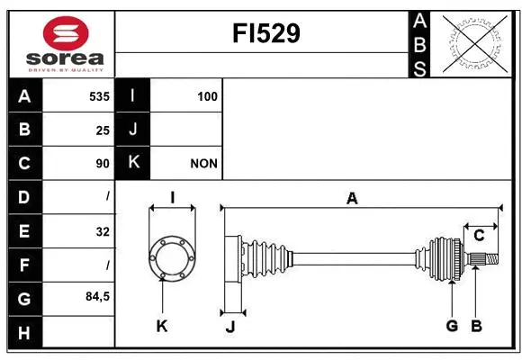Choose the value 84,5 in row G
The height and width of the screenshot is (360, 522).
click(96, 296)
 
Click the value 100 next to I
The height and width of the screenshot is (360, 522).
click(207, 96)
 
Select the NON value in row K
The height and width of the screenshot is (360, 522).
click(203, 164)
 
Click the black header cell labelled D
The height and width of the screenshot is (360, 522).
click(24, 197)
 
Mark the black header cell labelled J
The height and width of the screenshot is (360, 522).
click(133, 130)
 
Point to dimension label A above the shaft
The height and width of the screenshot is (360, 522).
click(352, 199)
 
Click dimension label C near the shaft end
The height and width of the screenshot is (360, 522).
click(479, 236)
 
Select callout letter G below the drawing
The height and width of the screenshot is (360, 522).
click(452, 326)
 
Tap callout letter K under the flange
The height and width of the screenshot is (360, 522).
click(162, 326)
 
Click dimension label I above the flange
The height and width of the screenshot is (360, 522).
click(171, 199)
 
